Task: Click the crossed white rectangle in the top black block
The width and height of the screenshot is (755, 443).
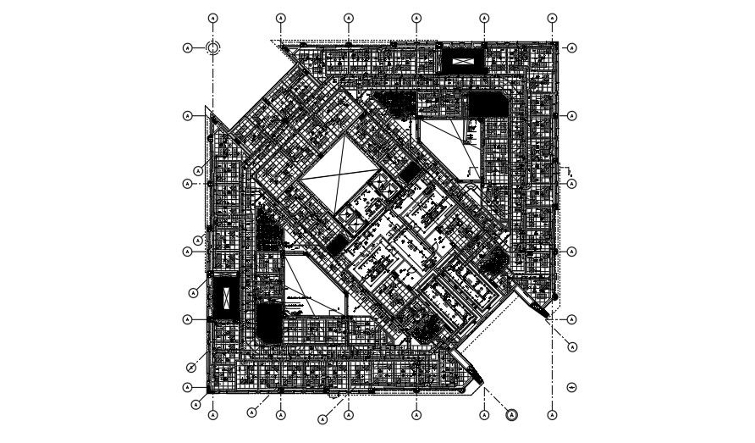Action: tap(462, 61)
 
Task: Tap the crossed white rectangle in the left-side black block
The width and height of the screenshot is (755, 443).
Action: tap(226, 298)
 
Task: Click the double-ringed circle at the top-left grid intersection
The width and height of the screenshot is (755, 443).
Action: tap(213, 47)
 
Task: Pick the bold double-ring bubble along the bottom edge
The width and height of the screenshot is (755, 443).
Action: tap(511, 415)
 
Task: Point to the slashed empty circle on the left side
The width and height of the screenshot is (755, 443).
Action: tap(191, 367)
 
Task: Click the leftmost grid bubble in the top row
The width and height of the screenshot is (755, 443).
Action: tap(213, 18)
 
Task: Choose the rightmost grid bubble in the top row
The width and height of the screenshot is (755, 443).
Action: tap(553, 18)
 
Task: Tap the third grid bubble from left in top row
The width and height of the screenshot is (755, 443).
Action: tap(349, 18)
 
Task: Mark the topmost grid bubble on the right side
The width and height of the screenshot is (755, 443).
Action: tap(573, 47)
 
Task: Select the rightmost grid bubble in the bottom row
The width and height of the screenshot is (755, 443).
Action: tap(553, 415)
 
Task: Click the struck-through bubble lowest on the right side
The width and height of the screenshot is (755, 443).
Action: tap(573, 387)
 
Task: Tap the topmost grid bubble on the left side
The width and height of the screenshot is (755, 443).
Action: tap(188, 47)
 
